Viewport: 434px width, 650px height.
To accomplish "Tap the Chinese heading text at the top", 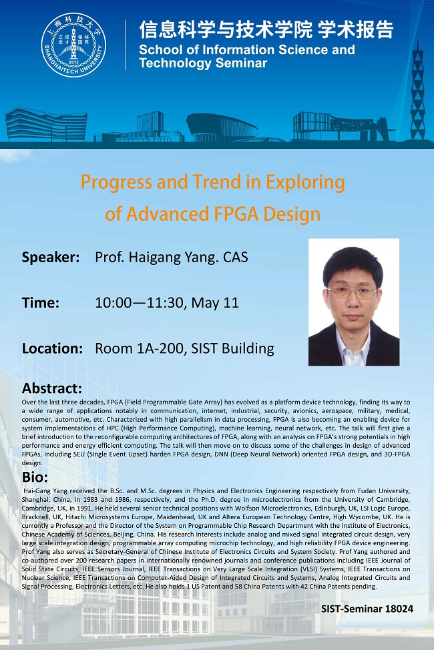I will [x=266, y=29].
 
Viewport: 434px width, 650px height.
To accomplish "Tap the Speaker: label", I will [x=51, y=258].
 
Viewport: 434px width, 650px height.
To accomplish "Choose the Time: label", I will [x=41, y=302].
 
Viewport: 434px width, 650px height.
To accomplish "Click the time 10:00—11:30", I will [x=140, y=302].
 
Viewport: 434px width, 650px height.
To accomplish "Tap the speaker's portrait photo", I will [x=353, y=302].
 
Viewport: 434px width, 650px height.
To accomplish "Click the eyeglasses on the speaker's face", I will [x=353, y=292].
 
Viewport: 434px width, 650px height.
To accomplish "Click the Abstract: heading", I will [x=52, y=388].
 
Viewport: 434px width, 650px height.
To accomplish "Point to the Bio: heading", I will [x=35, y=478].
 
